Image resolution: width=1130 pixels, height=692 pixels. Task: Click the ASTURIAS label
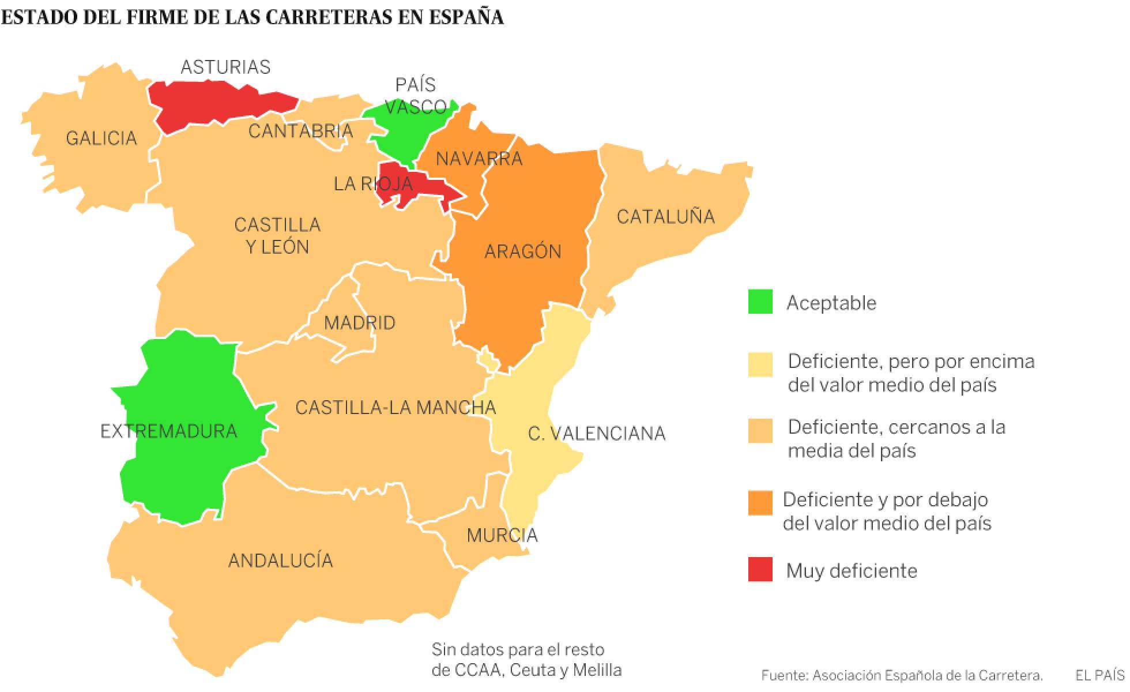pyautogui.click(x=225, y=67)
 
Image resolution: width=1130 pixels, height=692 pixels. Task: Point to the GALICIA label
pyautogui.click(x=101, y=138)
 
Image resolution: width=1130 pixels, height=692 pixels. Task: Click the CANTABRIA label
pyautogui.click(x=300, y=131)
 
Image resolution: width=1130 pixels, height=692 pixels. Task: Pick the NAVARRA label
pyautogui.click(x=479, y=158)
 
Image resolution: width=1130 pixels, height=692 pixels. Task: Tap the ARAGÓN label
pyautogui.click(x=522, y=251)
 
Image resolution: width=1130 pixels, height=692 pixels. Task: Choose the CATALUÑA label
pyautogui.click(x=665, y=217)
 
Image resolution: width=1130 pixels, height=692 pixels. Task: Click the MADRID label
pyautogui.click(x=360, y=322)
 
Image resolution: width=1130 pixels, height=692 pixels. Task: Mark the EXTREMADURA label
pyautogui.click(x=169, y=431)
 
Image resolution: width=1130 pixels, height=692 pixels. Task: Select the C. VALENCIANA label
pyautogui.click(x=597, y=434)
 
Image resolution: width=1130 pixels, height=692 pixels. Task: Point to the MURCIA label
pyautogui.click(x=502, y=536)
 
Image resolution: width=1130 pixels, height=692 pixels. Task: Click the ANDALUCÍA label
pyautogui.click(x=281, y=561)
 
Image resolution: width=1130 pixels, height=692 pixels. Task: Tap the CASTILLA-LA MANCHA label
pyautogui.click(x=395, y=408)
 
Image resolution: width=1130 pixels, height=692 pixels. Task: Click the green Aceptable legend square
pyautogui.click(x=760, y=302)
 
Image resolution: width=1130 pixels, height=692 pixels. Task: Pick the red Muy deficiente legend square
pyautogui.click(x=760, y=570)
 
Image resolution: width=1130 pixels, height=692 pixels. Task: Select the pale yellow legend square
pyautogui.click(x=760, y=364)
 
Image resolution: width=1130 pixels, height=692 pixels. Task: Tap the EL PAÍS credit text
pyautogui.click(x=1099, y=675)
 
